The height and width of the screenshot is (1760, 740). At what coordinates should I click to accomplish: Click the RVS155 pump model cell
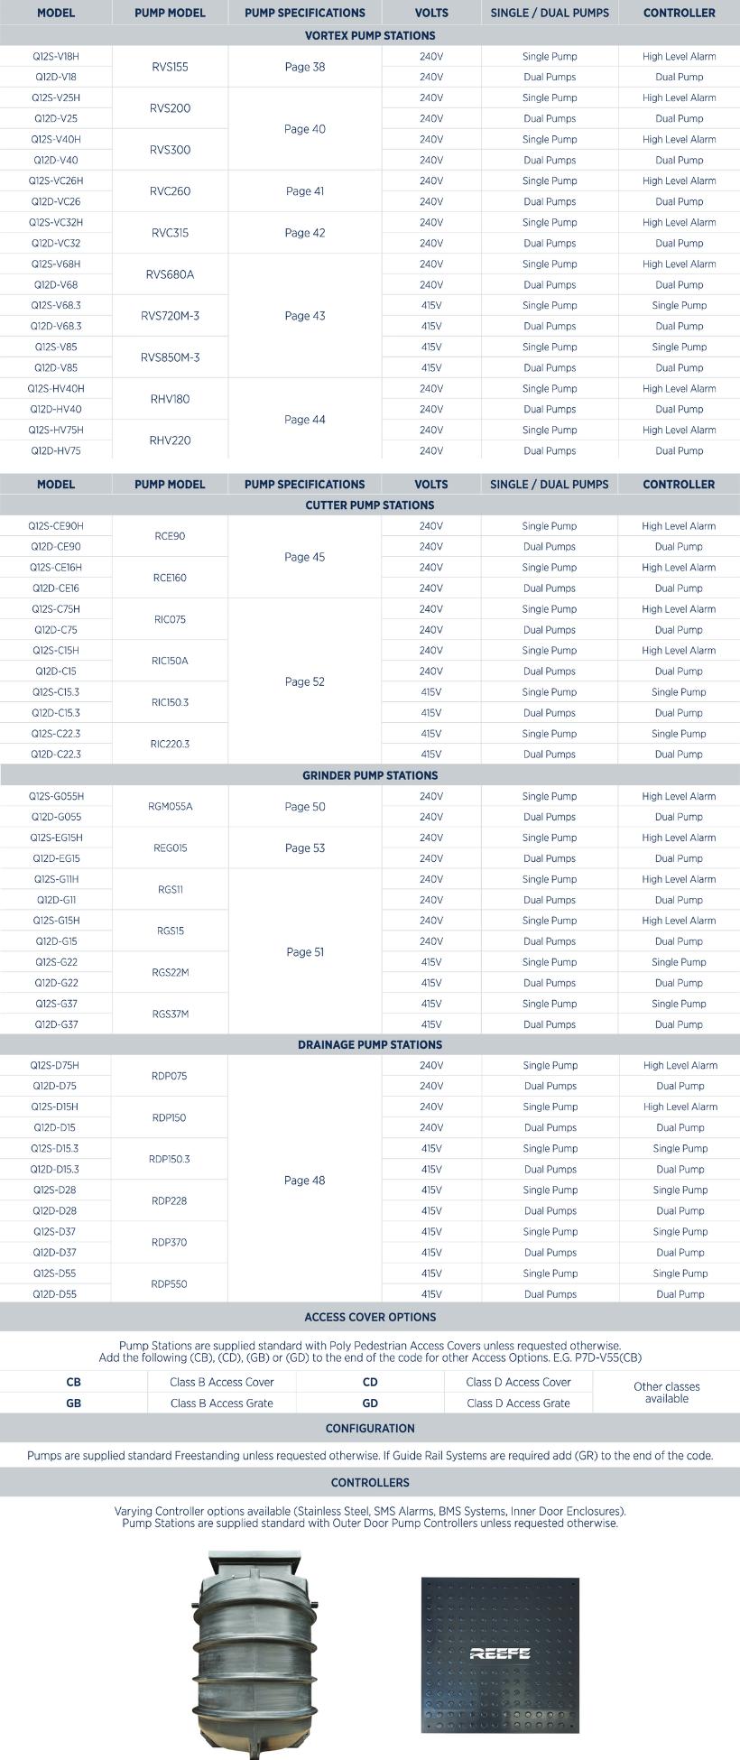(x=170, y=67)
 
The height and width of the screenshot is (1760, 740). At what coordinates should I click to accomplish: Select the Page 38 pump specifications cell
(x=305, y=67)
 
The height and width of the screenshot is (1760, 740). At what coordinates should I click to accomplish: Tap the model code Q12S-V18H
(x=56, y=56)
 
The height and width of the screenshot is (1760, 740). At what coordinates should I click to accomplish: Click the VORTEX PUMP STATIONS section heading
(x=370, y=35)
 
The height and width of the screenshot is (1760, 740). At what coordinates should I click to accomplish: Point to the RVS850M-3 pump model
(x=170, y=357)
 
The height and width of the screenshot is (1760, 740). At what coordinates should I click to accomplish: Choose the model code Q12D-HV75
(x=56, y=450)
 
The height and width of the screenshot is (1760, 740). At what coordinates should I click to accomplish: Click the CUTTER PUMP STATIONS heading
(x=370, y=505)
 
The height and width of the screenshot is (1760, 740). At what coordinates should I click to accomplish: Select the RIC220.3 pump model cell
(x=170, y=744)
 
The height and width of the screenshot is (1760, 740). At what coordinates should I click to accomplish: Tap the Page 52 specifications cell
(x=305, y=681)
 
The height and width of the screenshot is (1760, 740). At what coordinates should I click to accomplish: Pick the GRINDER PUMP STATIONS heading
(x=370, y=775)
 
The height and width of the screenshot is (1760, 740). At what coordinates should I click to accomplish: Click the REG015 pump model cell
(x=170, y=848)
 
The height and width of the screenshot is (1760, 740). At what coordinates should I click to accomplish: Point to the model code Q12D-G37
(x=56, y=1024)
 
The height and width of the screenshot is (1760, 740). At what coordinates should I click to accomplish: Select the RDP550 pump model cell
(x=170, y=1283)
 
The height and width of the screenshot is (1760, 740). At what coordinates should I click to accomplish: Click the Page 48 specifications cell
(x=305, y=1180)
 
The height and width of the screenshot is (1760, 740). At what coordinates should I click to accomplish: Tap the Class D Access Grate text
(x=518, y=1403)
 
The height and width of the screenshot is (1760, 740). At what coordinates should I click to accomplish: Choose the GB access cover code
(x=73, y=1403)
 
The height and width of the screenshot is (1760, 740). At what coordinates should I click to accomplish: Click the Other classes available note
(x=667, y=1392)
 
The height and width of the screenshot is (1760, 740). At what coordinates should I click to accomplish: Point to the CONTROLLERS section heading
(x=370, y=1482)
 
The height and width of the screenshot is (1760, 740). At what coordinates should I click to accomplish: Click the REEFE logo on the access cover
(x=500, y=1653)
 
